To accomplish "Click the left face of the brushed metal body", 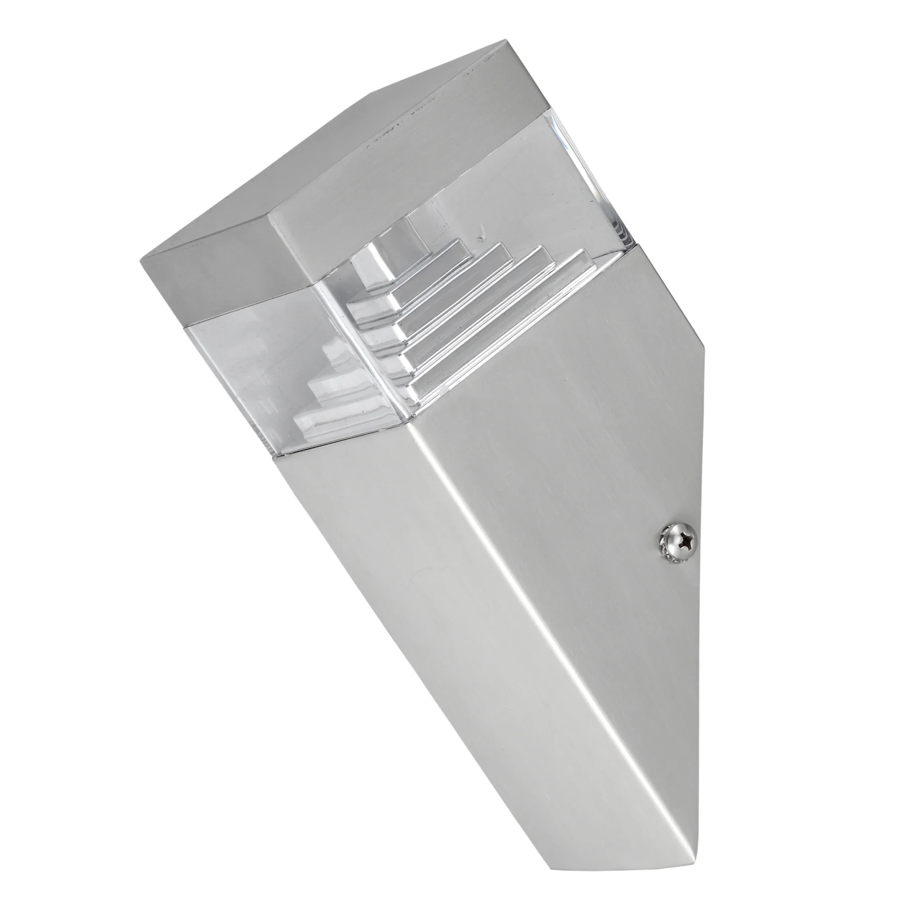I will pos(403,569).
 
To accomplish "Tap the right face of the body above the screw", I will pos(616,427).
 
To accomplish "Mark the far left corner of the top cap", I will pos(142,259).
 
